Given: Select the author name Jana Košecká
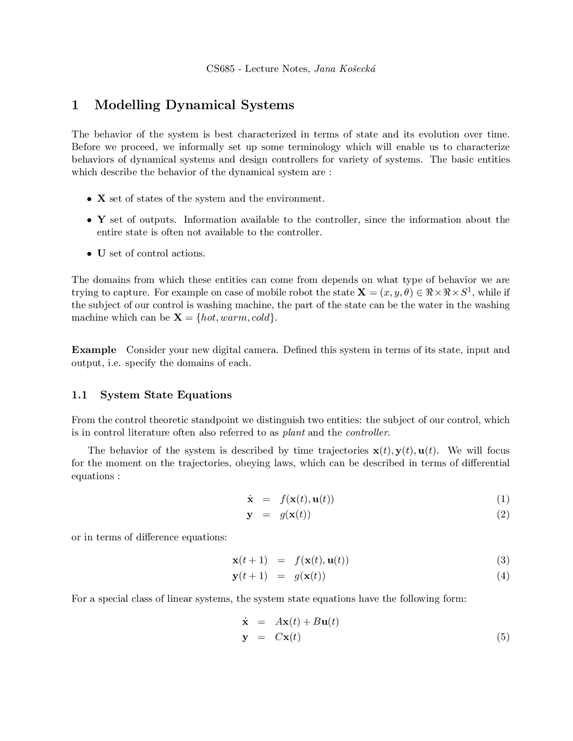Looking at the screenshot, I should tap(345, 69).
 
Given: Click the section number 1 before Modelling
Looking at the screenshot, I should tap(75, 105).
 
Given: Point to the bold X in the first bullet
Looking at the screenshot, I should tap(101, 199).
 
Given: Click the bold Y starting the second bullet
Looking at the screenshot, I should tap(101, 220).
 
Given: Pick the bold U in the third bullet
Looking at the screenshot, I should tap(101, 253).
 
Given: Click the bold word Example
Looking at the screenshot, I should tap(94, 350).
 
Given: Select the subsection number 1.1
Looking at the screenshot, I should tap(79, 395).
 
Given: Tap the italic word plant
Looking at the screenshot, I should tap(294, 433).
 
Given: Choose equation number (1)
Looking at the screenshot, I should tap(503, 499).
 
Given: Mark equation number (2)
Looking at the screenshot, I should tap(503, 515).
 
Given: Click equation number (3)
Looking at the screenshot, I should tap(503, 560).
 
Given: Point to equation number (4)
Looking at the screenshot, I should tap(503, 576).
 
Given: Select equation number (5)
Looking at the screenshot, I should tap(503, 637).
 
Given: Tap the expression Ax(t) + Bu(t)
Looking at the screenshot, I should tap(307, 622).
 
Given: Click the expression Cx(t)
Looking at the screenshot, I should tap(288, 637).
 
